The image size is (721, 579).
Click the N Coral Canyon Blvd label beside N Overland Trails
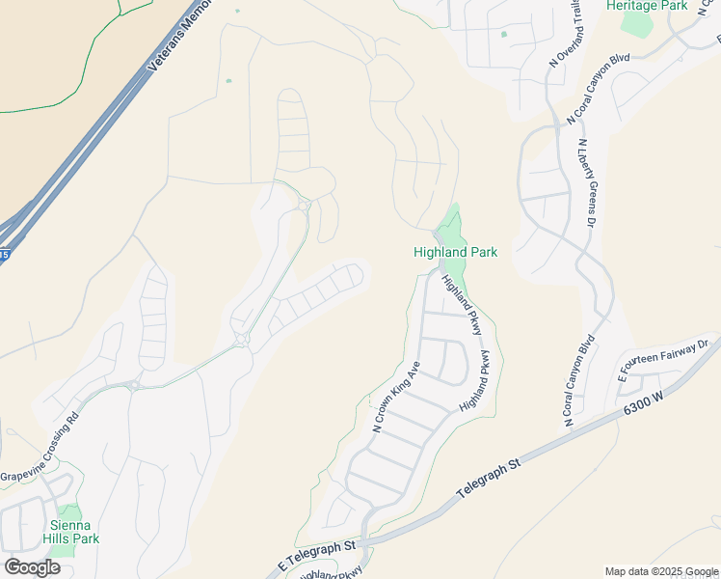click(599, 88)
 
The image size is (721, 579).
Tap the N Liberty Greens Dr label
click(586, 183)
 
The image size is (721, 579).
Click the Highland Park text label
click(455, 252)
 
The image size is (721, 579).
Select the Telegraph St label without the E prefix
click(488, 478)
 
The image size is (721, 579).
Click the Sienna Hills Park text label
click(71, 532)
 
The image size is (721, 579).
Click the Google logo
click(32, 566)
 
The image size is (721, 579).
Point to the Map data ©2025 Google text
click(660, 571)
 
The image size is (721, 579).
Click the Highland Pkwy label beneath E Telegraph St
click(333, 573)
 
